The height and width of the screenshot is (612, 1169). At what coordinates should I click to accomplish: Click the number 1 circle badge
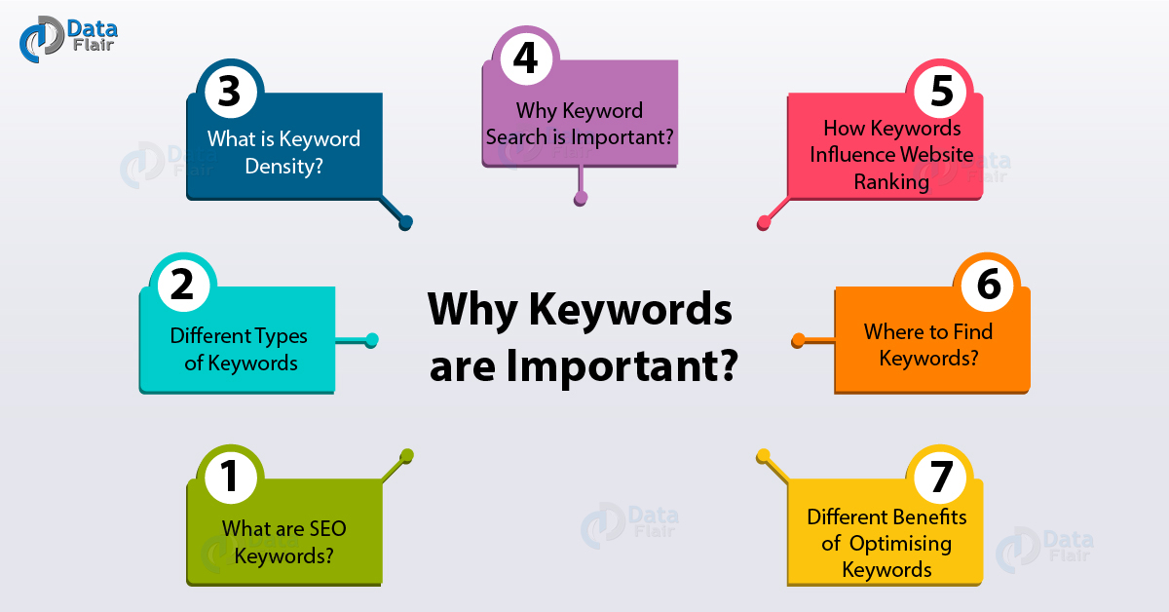(230, 478)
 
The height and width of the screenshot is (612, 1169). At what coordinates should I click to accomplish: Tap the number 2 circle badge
(187, 285)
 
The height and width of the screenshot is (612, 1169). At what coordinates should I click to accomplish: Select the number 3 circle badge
(230, 93)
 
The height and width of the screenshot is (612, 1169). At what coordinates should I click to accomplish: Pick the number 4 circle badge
(525, 58)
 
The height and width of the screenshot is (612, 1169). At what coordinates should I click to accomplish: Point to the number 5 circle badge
(939, 92)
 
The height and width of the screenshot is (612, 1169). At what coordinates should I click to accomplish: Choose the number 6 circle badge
(986, 286)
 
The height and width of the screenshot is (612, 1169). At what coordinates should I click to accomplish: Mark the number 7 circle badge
(939, 478)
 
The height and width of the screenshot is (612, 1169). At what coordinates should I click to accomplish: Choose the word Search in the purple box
(516, 135)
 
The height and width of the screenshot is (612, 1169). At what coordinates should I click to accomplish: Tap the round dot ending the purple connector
(581, 198)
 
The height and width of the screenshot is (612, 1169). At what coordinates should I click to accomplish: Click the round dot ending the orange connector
(798, 341)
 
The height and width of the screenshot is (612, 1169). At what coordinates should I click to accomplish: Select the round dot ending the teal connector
(370, 340)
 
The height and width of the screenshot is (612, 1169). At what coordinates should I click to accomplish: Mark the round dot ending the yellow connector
(764, 455)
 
